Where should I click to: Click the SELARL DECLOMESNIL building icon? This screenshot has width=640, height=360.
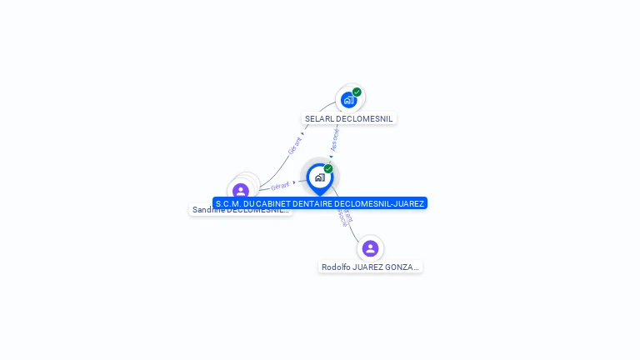(x=348, y=100)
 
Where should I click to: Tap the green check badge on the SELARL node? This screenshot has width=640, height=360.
(x=357, y=92)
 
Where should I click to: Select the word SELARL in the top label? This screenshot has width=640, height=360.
(x=318, y=119)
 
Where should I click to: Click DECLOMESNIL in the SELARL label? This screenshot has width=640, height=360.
(x=363, y=119)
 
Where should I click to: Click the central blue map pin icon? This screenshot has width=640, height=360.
(x=319, y=177)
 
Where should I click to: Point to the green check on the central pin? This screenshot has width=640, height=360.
(x=328, y=169)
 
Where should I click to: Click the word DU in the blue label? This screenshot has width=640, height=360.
(x=252, y=203)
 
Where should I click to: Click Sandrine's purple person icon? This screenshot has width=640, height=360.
(x=241, y=191)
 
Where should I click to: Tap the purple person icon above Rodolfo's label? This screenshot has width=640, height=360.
(x=370, y=248)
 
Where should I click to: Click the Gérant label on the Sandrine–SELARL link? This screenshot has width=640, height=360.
(x=295, y=145)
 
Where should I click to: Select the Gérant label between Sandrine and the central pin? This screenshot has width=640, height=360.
(x=280, y=186)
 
